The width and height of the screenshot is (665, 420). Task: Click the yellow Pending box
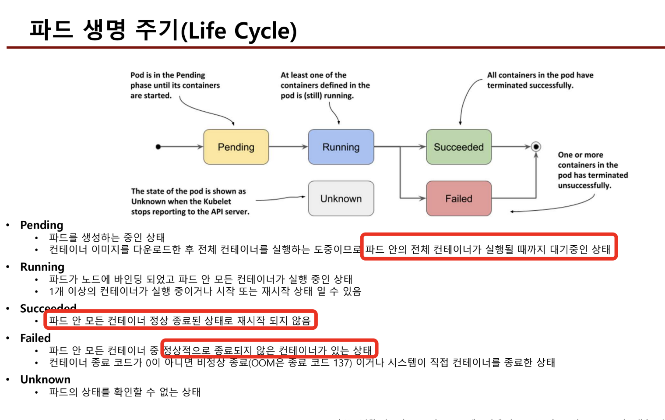236,147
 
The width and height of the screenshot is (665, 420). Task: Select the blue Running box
341,147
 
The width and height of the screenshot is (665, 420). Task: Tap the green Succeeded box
459,147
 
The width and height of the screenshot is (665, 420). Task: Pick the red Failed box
459,199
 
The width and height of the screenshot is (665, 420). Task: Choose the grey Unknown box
341,199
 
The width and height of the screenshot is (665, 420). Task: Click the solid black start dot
158,147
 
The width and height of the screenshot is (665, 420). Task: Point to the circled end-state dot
536,147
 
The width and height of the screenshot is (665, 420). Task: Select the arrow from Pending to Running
288,147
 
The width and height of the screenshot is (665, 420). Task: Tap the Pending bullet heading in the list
42,225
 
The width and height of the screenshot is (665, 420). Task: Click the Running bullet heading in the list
42,267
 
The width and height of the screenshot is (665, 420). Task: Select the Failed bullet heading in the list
35,338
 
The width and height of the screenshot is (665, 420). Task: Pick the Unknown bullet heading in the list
45,379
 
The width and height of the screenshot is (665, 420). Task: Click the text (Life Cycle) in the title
239,31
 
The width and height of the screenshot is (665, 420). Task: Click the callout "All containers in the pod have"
540,75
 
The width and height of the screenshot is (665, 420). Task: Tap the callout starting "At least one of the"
313,75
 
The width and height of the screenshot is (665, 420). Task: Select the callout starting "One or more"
581,155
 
